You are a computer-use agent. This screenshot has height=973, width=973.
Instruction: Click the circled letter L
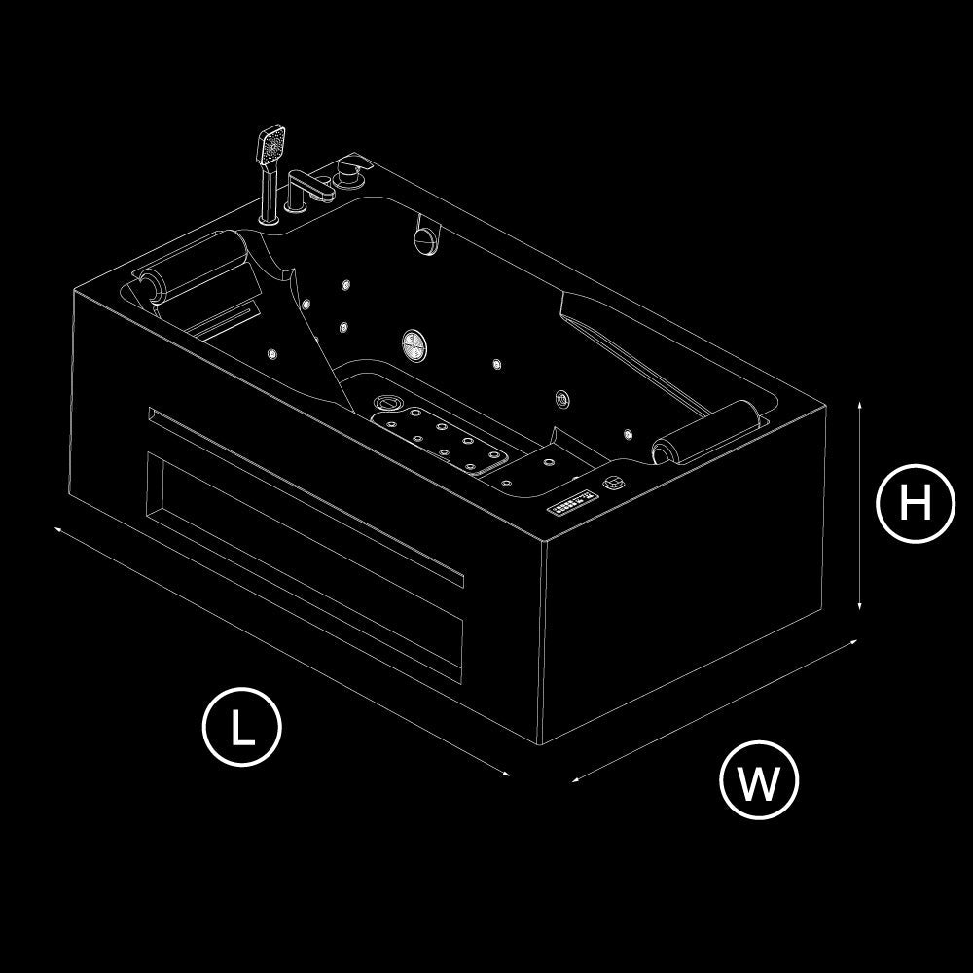tap(241, 726)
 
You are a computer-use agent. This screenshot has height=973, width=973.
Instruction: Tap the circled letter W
tap(759, 780)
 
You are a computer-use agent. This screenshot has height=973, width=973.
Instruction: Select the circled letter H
tap(916, 504)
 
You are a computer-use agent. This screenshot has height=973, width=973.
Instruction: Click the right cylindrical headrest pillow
tap(705, 431)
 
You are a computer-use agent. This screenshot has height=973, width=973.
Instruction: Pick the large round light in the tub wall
tap(414, 342)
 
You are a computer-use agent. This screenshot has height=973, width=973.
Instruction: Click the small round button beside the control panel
tap(614, 481)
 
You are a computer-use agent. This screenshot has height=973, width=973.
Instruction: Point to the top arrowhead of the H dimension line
tap(860, 402)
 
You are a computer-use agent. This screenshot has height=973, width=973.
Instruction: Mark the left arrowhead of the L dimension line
tap(58, 529)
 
